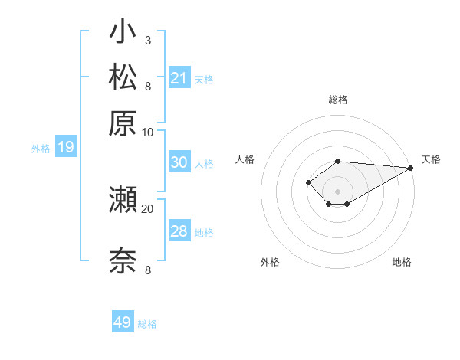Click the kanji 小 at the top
[123, 33]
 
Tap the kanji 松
[123, 77]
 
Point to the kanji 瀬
[123, 200]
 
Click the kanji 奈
[123, 260]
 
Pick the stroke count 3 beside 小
[147, 40]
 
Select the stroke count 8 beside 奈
[147, 270]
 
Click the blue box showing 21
[179, 77]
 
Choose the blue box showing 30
[179, 162]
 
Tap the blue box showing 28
[179, 231]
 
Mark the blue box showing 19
[66, 147]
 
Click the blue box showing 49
[123, 322]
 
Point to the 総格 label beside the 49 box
[147, 324]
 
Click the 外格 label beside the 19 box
[41, 149]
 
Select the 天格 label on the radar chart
[431, 159]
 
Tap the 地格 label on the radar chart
[402, 262]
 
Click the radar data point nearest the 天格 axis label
[411, 168]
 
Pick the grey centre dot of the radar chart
[337, 191]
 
